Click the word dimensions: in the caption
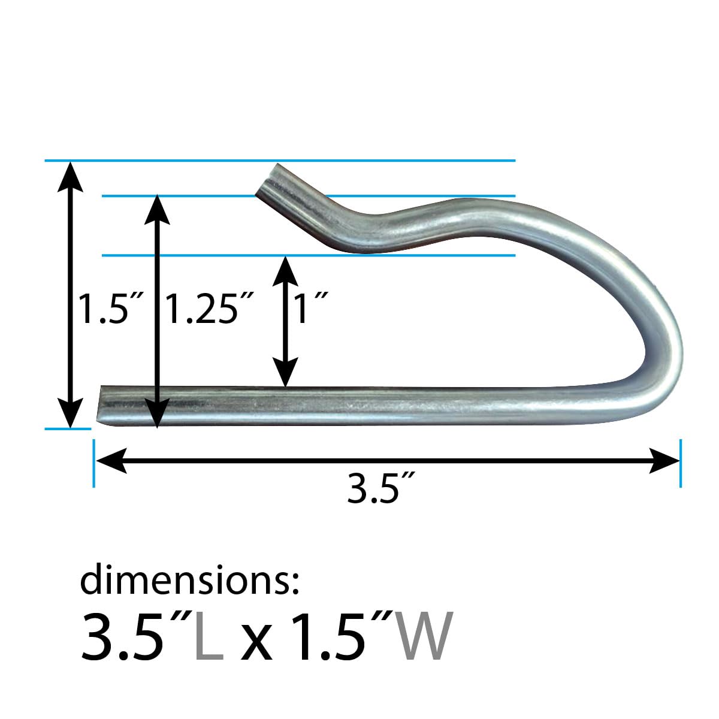click(189, 580)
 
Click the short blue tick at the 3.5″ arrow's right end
click(681, 462)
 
